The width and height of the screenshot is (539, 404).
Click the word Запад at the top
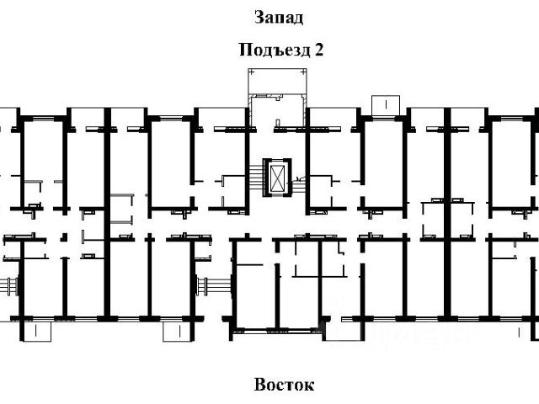click(x=279, y=18)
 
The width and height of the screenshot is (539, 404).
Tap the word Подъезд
click(x=275, y=50)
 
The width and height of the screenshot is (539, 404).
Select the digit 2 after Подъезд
click(x=318, y=50)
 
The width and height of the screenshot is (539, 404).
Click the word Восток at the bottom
click(x=285, y=385)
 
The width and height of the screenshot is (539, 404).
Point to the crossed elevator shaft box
click(x=277, y=178)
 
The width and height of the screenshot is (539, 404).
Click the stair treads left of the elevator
click(x=256, y=178)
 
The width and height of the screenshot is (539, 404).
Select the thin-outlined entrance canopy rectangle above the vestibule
click(x=277, y=81)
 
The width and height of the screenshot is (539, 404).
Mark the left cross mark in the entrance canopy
click(x=252, y=72)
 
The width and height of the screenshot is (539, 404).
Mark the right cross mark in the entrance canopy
click(x=303, y=72)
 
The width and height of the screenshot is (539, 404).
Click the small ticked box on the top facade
click(x=386, y=105)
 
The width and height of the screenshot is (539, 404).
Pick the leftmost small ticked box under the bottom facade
click(x=37, y=332)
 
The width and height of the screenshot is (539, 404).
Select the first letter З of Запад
click(x=259, y=18)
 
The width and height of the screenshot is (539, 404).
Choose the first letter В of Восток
click(x=260, y=385)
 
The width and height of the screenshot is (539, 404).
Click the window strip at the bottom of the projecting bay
click(x=277, y=331)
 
